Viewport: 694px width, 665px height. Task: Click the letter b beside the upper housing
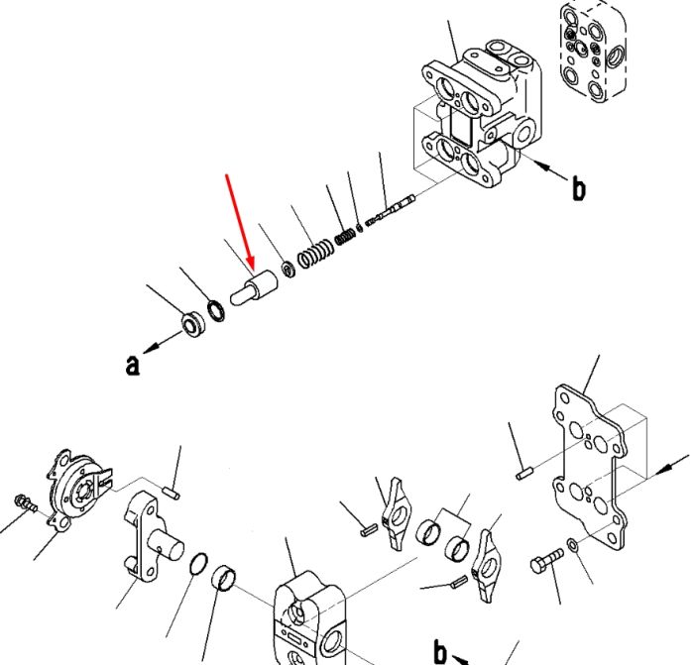pos(578,188)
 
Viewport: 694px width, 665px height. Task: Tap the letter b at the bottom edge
pos(440,651)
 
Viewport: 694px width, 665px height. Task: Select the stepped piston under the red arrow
pos(254,287)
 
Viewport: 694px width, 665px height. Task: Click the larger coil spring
pos(316,253)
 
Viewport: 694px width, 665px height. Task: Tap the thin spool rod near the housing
pos(391,210)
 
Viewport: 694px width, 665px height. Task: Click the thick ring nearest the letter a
pos(194,323)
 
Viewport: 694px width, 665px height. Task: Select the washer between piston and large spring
pos(289,269)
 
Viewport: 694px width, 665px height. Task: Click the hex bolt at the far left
pos(26,502)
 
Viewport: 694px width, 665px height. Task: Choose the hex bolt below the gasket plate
pos(547,560)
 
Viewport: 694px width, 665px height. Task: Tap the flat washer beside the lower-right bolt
pos(572,545)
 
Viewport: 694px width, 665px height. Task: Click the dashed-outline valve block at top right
pos(593,52)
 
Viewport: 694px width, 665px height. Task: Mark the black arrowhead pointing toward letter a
pos(151,348)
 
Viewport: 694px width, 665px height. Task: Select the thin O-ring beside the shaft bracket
pos(198,564)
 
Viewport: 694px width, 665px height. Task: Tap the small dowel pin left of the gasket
pos(523,474)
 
